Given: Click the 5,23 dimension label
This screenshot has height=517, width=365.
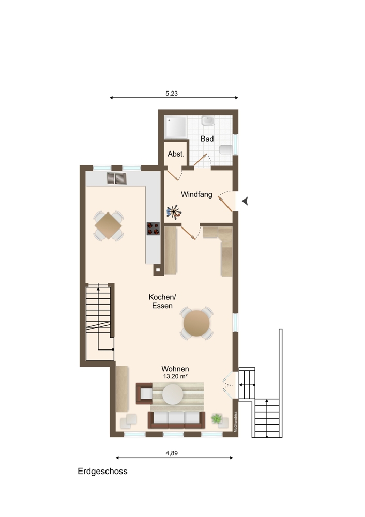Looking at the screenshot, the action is tap(172, 93).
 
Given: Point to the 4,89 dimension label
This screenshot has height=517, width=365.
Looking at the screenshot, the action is tap(172, 453).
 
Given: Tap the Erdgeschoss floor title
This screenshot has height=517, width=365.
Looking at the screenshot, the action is tap(102, 471).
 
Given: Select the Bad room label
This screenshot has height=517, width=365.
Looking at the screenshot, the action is tap(207, 139).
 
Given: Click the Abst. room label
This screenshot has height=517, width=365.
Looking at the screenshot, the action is tap(176, 154).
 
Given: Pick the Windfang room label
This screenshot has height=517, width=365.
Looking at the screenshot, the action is tap(196, 194).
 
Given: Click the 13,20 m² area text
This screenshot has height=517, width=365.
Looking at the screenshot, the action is tap(175, 376).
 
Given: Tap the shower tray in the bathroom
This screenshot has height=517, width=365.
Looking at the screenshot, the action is tap(176, 127).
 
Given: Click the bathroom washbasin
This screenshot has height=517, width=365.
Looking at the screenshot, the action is tap(208, 120).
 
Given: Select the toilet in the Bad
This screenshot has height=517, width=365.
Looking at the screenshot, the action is tap(226, 150).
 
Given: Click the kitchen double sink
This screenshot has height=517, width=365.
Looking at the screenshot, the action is tap(116, 178).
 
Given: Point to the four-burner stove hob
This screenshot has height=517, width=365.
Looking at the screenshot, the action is tap(154, 229).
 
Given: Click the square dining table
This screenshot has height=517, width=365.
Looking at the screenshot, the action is tap(108, 226).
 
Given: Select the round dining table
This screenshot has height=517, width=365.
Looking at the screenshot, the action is tap(196, 323).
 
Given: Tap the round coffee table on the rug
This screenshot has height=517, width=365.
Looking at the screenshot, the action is tap(173, 394).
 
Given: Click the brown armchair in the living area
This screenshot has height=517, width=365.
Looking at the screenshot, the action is tap(144, 393).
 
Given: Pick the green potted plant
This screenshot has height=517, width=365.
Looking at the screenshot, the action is tap(217, 419).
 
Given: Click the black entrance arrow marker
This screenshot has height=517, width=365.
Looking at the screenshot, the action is tap(245, 201).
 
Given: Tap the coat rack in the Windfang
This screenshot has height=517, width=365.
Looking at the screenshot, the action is tap(174, 212).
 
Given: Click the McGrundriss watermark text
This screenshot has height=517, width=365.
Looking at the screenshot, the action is tap(235, 422).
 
